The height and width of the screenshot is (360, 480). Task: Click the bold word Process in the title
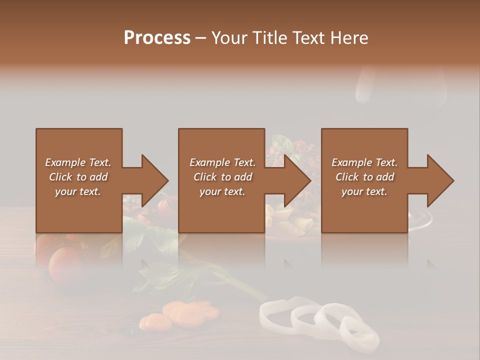click(157, 38)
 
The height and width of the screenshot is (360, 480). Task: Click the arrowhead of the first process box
click(153, 180)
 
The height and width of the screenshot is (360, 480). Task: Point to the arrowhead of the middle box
click(296, 180)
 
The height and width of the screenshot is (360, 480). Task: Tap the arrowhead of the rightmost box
click(439, 180)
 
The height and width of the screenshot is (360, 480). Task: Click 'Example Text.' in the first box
click(78, 162)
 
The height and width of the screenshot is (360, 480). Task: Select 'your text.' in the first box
click(78, 191)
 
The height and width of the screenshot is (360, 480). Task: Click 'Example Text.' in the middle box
click(222, 162)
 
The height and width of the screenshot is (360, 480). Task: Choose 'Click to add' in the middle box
click(222, 177)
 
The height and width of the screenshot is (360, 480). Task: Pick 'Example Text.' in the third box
click(364, 162)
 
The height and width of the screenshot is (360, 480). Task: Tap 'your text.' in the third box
click(364, 191)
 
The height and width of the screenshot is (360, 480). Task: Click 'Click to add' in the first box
click(78, 177)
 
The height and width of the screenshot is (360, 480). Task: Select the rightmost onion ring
click(359, 333)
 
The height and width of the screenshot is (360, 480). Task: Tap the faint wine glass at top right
click(400, 90)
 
